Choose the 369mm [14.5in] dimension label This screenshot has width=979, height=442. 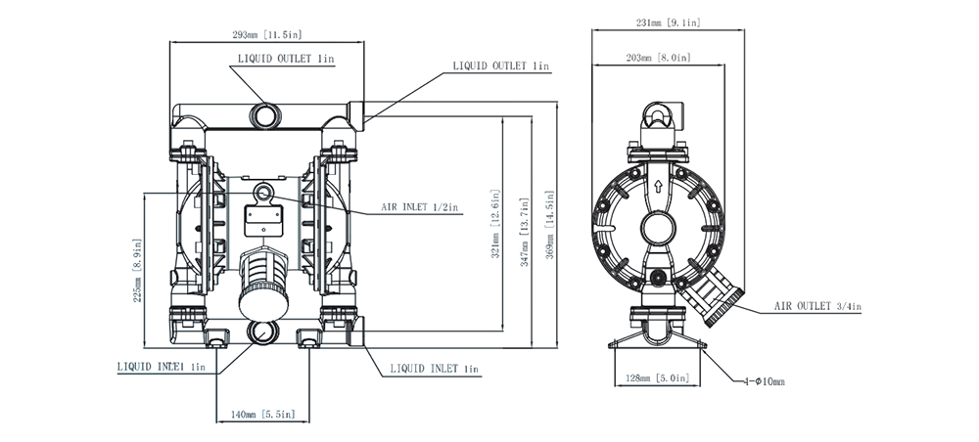(551, 222)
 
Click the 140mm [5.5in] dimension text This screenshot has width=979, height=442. (261, 415)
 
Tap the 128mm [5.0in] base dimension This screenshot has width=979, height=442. (652, 377)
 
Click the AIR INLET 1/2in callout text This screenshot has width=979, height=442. (420, 207)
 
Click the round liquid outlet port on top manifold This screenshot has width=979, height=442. (265, 114)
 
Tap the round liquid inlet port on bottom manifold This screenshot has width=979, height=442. (263, 332)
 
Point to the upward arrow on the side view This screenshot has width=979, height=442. (658, 183)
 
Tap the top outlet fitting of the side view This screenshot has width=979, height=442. (660, 121)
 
